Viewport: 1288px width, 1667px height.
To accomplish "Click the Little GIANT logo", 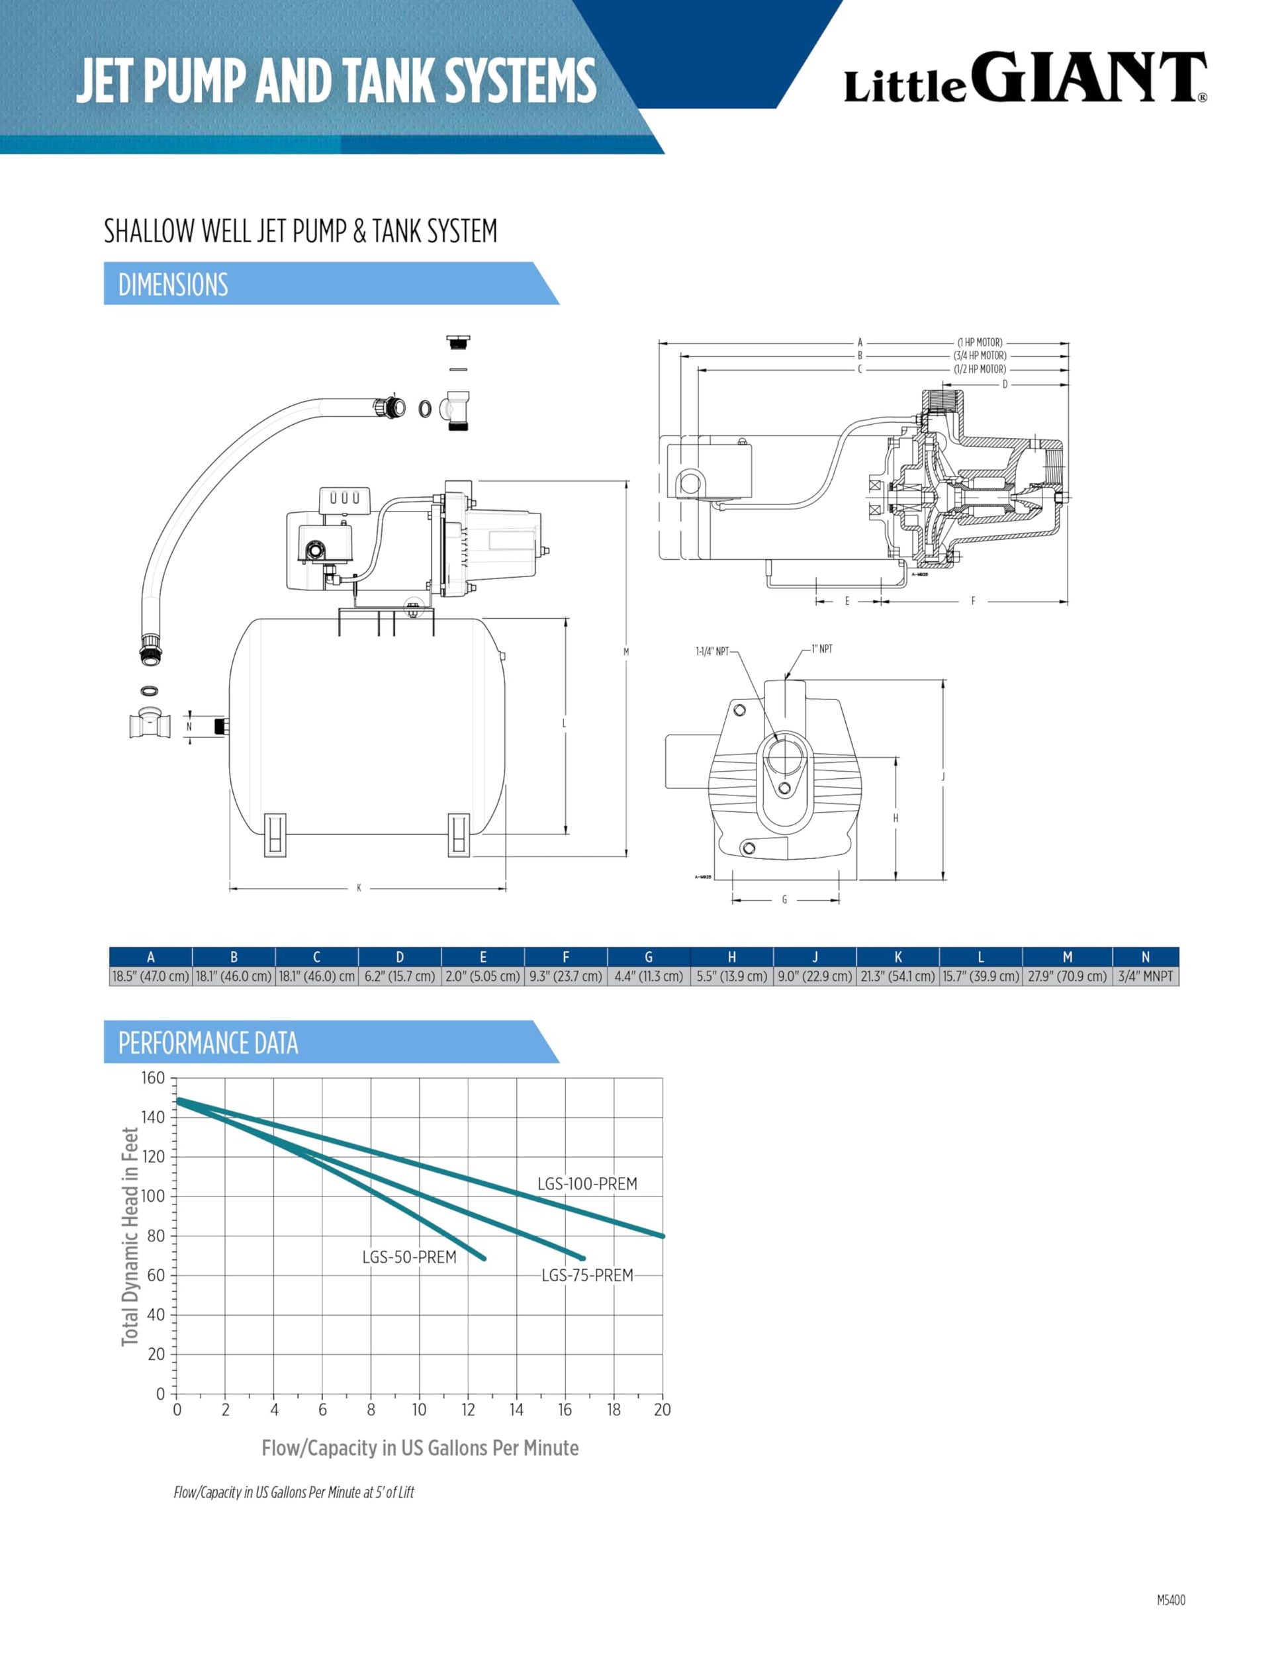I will (1025, 78).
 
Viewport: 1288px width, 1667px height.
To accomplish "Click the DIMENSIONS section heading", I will (173, 285).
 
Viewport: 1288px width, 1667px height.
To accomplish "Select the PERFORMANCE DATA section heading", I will (208, 1043).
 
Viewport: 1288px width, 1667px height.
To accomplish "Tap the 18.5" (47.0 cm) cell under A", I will (150, 976).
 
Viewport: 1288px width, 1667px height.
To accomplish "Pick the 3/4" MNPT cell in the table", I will (1144, 976).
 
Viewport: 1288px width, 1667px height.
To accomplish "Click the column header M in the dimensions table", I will (1066, 957).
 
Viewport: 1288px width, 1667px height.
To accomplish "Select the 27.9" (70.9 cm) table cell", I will (1066, 976).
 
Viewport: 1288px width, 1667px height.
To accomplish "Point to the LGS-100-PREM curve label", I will (587, 1184).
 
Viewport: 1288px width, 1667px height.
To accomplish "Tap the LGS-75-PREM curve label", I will (587, 1275).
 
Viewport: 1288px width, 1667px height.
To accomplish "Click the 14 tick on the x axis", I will (516, 1410).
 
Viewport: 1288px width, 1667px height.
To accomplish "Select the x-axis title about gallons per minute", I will (420, 1448).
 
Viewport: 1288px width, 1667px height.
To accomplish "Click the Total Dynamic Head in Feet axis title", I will (130, 1236).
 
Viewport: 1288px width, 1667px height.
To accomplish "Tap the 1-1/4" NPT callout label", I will (712, 652).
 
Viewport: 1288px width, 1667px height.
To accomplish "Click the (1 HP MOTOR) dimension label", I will (980, 343).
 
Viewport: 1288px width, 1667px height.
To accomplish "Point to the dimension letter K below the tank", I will (359, 887).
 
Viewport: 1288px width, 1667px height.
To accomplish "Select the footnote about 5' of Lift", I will (294, 1492).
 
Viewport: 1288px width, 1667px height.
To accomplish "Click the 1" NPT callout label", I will (821, 649).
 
